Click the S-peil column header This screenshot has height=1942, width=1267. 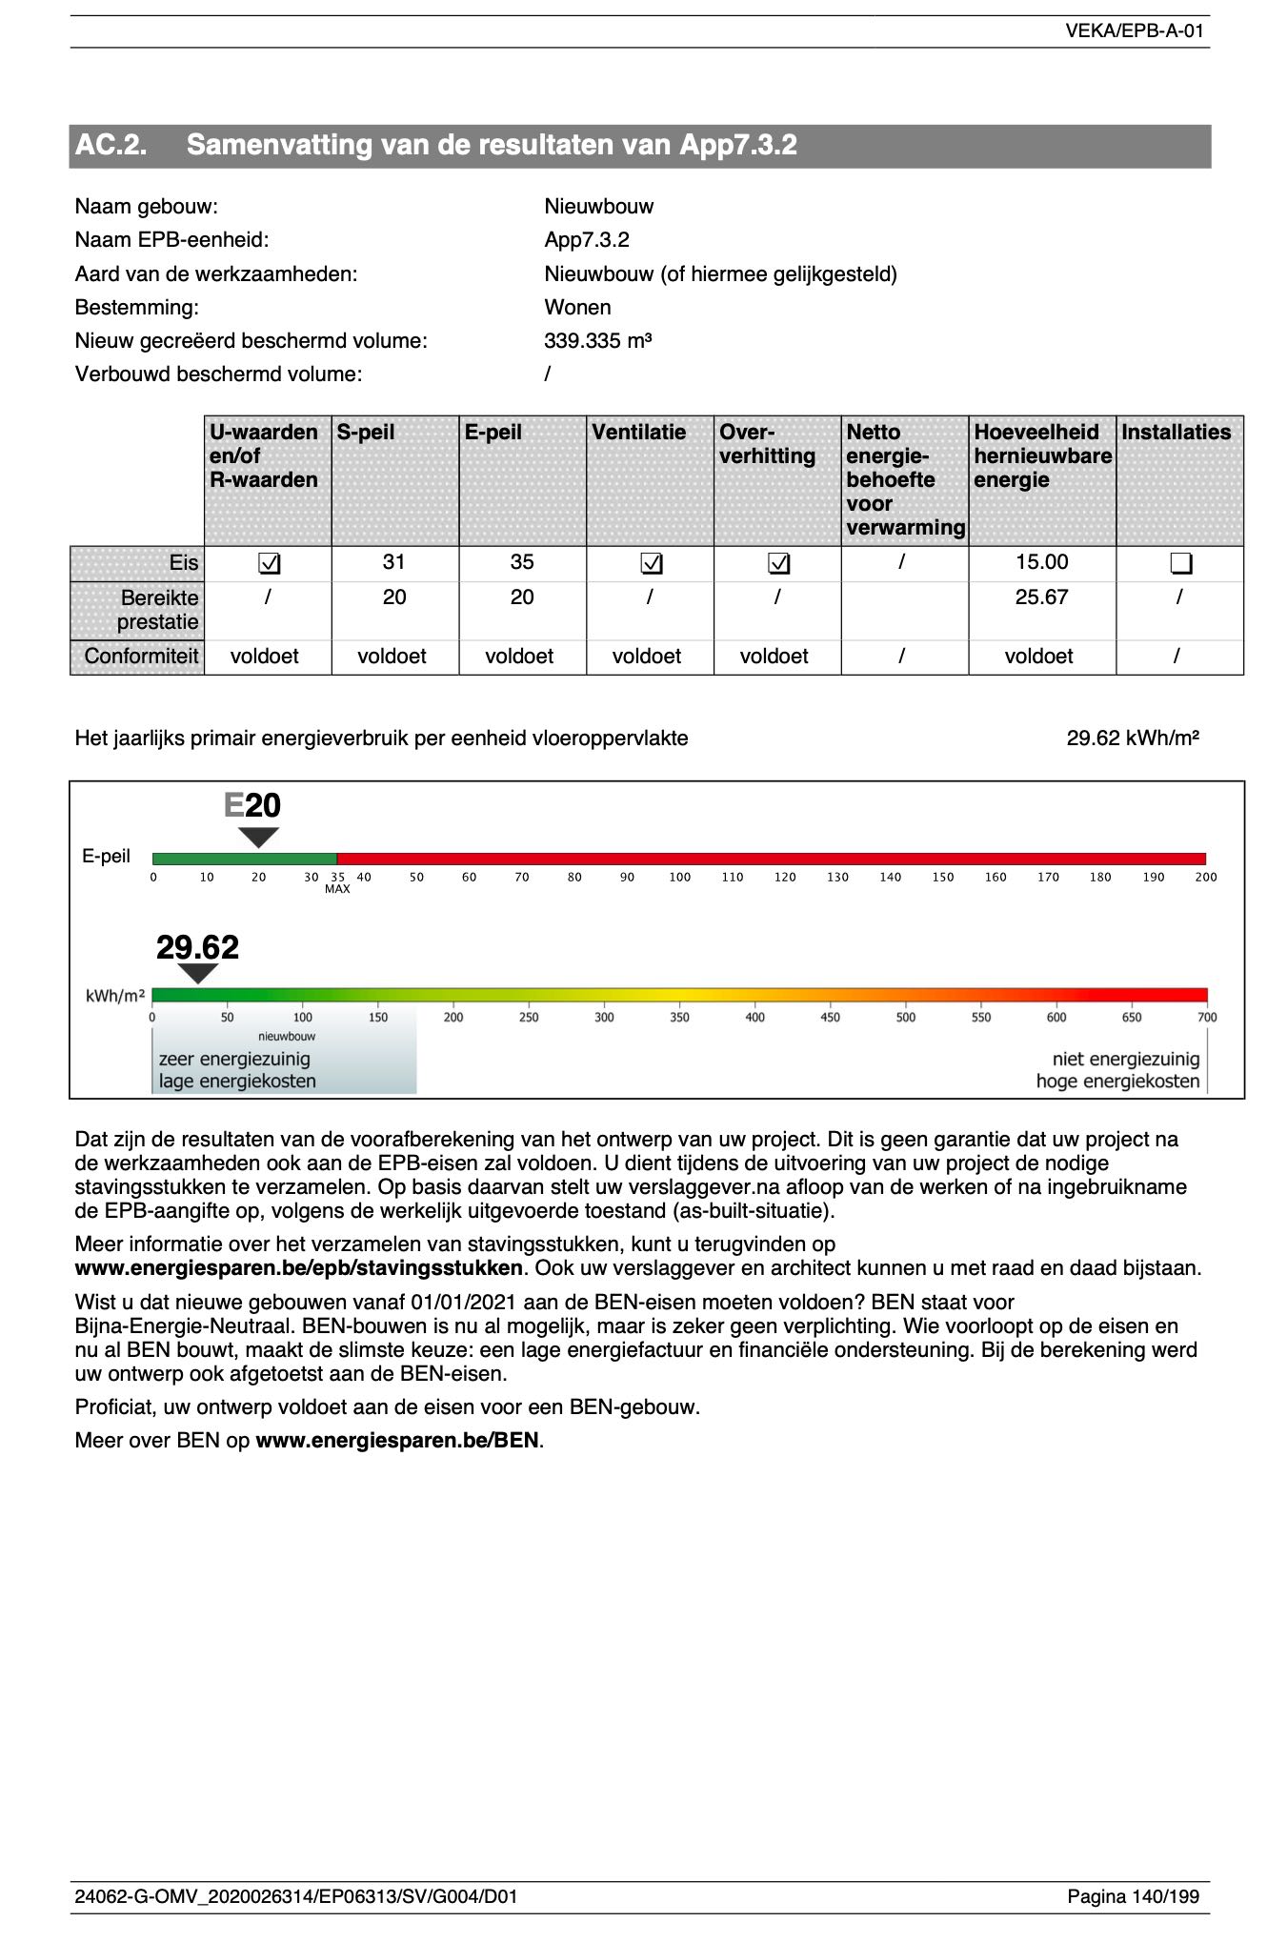366,433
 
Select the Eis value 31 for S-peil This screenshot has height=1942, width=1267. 394,562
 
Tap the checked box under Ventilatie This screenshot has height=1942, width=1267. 651,564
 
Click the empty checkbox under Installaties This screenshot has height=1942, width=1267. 1180,564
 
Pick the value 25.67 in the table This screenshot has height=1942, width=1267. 1041,597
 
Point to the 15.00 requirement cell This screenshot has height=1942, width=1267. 1041,562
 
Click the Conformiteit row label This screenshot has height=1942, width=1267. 141,657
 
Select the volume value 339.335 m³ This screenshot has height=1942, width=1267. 597,341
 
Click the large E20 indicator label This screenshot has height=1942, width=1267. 252,806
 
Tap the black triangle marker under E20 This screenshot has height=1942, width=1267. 258,837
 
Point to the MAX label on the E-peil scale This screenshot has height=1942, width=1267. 337,890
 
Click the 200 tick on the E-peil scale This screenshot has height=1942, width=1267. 1205,878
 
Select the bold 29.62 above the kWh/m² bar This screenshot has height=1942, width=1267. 197,947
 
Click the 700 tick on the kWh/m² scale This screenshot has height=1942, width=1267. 1206,1018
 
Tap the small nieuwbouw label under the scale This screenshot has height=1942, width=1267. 287,1036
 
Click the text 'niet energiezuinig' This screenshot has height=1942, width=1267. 1125,1060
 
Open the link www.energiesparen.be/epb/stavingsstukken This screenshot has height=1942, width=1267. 298,1268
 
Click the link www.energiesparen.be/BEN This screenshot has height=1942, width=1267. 397,1441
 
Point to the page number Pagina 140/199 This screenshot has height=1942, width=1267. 1133,1896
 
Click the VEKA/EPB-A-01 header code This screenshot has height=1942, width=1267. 1134,30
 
